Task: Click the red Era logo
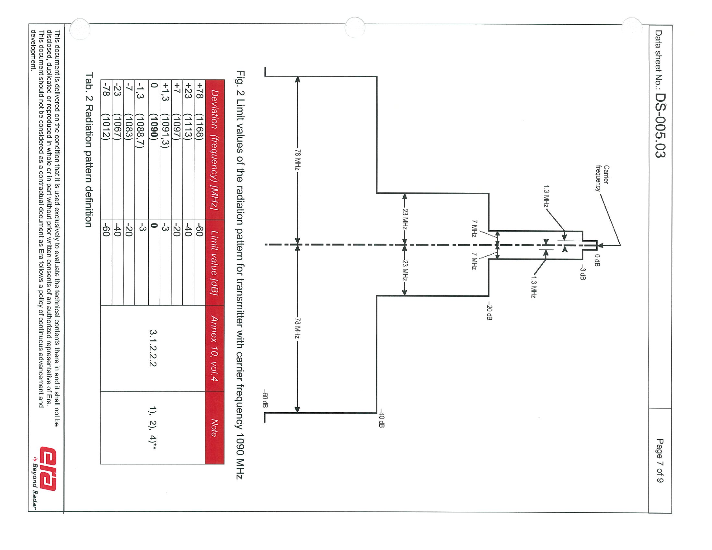coord(48,468)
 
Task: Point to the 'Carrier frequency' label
coord(602,178)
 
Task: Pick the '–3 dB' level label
coord(582,274)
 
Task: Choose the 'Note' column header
coord(214,428)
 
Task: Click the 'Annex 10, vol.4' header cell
coord(214,348)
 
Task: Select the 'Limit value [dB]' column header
coord(214,263)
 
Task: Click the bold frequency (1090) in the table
coord(154,126)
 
